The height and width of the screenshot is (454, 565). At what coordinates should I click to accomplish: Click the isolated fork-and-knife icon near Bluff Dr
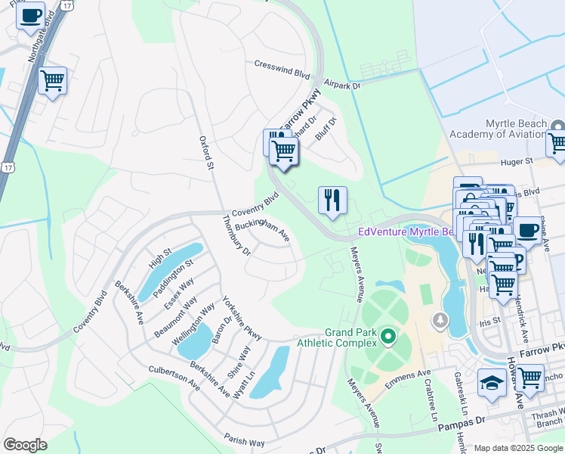click(x=332, y=202)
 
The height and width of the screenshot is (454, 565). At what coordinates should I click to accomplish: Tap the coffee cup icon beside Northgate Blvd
click(x=30, y=15)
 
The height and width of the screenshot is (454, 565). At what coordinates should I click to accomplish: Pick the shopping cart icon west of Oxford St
click(x=52, y=80)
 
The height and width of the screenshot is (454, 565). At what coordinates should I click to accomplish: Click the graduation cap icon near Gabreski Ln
click(x=491, y=383)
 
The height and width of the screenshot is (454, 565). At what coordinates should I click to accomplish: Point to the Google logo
click(x=25, y=445)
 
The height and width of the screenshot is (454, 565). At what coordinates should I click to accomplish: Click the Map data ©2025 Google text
click(x=517, y=448)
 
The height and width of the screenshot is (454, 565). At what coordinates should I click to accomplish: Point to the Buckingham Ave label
click(x=262, y=229)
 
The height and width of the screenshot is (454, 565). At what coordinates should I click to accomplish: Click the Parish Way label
click(x=244, y=438)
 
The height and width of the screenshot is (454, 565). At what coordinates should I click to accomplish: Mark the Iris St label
click(x=490, y=320)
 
